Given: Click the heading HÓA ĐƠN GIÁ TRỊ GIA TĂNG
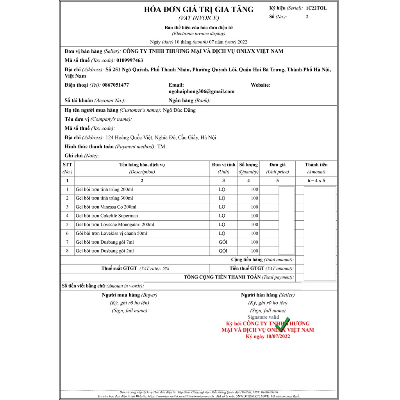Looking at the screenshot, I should tap(199, 9).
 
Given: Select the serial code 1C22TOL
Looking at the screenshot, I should tap(316, 8).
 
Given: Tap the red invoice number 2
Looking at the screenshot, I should tap(307, 16).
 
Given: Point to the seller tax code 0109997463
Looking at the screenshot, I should tap(130, 60).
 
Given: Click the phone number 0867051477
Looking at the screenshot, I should tap(115, 85).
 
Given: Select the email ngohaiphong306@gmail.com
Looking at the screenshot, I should tap(202, 91).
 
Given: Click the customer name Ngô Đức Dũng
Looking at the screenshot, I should tap(179, 110).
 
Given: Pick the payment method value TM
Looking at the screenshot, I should tap(161, 146).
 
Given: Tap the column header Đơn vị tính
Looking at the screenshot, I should tap(223, 164).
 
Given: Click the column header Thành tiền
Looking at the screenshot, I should tap(316, 164).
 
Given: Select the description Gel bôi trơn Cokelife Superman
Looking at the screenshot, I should tap(107, 216).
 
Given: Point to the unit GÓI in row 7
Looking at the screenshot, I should tap(223, 242).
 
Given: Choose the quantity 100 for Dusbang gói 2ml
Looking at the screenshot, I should tap(254, 251).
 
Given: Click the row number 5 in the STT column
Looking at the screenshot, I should tap(67, 225).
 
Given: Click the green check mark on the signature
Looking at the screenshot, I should tap(282, 323).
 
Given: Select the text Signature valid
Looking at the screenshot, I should tap(263, 317).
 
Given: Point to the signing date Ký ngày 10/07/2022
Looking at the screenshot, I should tap(268, 336).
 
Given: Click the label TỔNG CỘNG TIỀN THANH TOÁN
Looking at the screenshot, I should tap(222, 277).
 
